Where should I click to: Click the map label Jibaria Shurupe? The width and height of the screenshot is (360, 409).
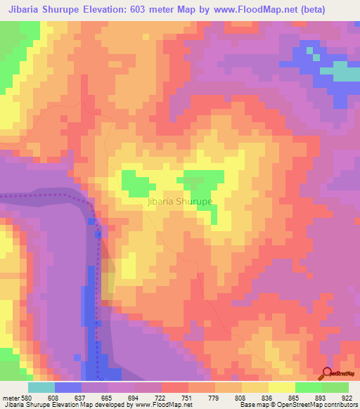[x=181, y=202]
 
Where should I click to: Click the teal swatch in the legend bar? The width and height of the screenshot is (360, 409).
[x=41, y=387]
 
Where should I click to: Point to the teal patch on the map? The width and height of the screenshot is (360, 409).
[x=342, y=72]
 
